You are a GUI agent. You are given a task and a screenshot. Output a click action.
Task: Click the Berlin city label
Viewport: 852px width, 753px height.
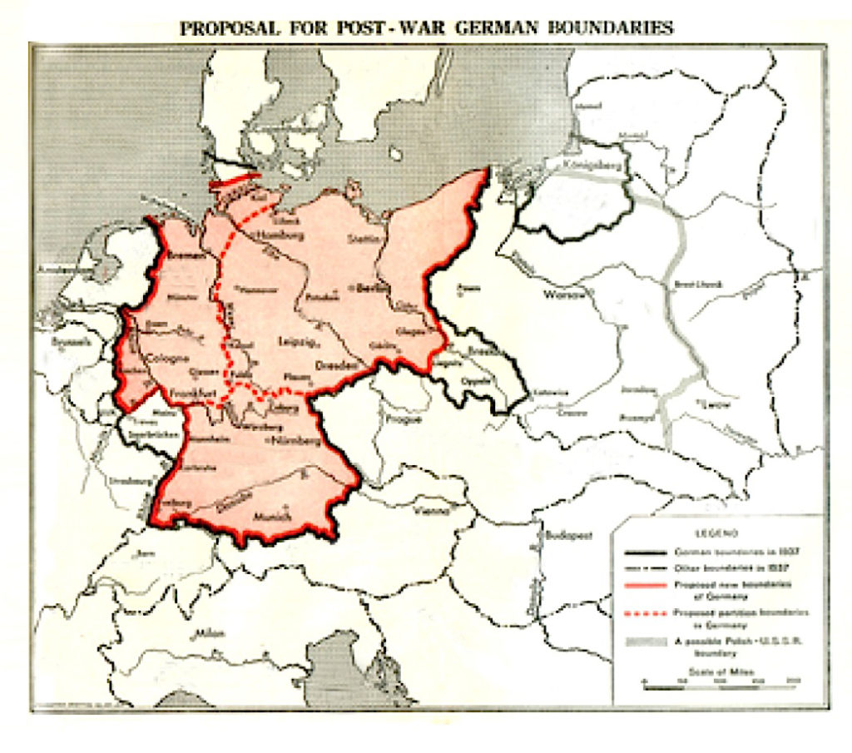click(x=362, y=292)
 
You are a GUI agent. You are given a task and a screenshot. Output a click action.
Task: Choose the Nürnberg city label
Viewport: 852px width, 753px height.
click(x=295, y=441)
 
